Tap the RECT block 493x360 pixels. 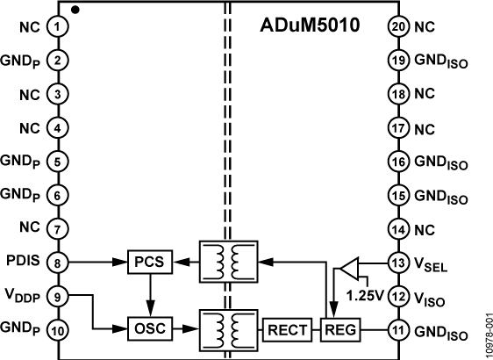(284, 330)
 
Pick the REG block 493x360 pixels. (335, 330)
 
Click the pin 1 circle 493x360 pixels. (58, 26)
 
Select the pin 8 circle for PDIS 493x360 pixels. (58, 261)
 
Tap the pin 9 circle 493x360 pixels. (58, 295)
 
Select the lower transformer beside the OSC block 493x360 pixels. (227, 330)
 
